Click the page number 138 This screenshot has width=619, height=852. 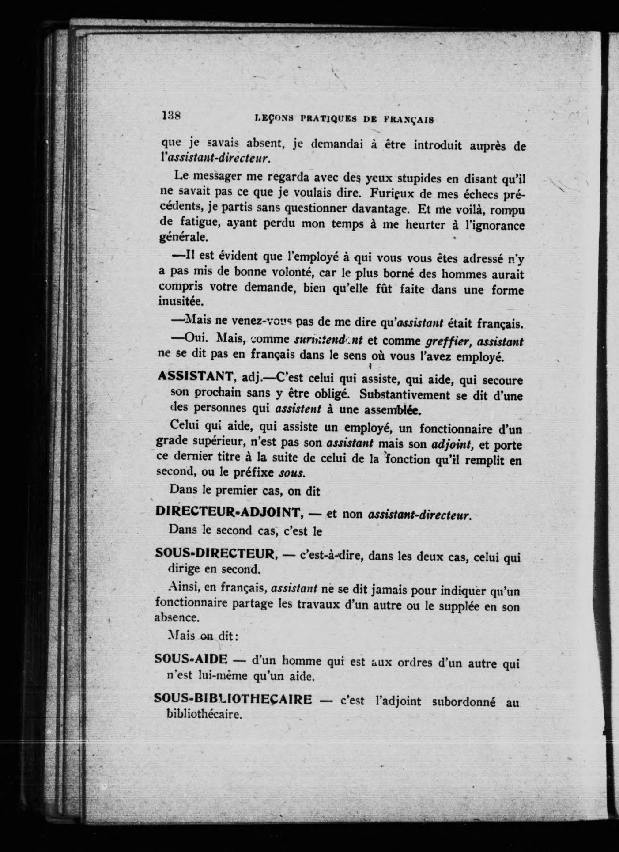170,116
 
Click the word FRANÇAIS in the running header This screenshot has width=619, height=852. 409,119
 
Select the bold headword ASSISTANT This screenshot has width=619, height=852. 196,376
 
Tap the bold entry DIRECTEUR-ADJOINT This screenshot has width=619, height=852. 229,512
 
